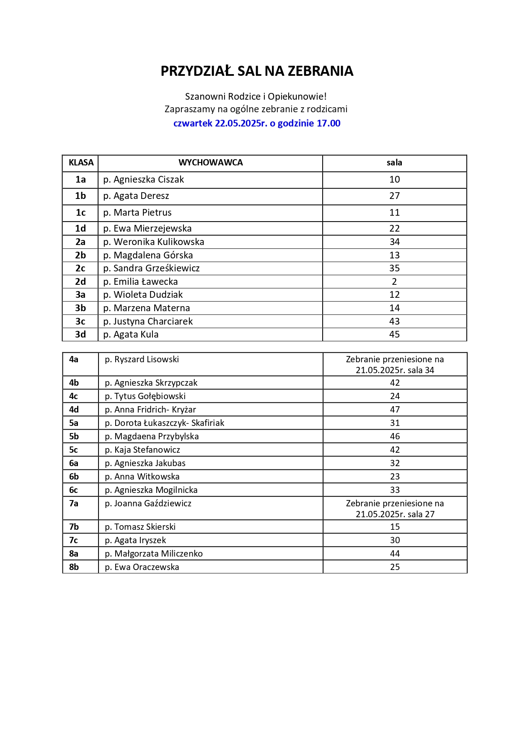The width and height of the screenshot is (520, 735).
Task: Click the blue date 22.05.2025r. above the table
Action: (241, 124)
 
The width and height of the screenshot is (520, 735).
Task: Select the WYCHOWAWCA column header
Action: (210, 163)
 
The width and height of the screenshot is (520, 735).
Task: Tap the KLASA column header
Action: (81, 163)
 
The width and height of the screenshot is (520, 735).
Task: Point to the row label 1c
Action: (80, 213)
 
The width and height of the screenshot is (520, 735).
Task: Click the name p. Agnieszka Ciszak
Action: (144, 180)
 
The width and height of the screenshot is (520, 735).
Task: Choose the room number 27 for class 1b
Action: (394, 196)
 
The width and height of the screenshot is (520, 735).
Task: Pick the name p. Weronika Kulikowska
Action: (154, 242)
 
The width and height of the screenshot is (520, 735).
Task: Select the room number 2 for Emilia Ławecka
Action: (394, 282)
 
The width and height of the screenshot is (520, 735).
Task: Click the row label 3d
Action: (80, 335)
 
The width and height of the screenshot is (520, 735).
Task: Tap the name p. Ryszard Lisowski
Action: (142, 359)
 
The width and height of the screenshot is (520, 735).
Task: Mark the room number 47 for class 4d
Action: (395, 410)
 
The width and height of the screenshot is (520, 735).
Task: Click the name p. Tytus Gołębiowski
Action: (145, 396)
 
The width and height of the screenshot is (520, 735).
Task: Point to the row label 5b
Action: (74, 436)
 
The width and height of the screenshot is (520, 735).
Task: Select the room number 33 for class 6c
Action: (395, 490)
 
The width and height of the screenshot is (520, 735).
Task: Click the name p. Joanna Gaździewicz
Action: (148, 503)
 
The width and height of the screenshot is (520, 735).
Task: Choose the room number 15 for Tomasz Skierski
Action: (395, 527)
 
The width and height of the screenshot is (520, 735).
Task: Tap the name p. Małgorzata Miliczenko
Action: (154, 554)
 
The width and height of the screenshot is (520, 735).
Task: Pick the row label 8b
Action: (74, 567)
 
